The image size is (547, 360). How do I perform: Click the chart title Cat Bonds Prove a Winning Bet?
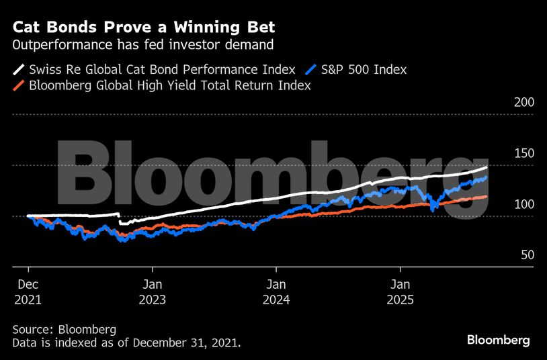144,28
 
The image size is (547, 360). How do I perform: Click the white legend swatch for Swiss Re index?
19,69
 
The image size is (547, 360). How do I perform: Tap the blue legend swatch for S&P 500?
310,69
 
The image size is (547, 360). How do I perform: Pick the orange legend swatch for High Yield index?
19,86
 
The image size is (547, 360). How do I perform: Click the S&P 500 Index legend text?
364,69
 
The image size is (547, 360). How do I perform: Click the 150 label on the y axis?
523,153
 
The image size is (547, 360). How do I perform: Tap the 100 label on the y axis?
523,204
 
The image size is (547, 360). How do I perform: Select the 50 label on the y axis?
527,255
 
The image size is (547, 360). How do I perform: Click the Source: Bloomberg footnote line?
65,329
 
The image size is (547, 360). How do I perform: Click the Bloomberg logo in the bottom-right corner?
498,341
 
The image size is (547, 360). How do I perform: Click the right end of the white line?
487,167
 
